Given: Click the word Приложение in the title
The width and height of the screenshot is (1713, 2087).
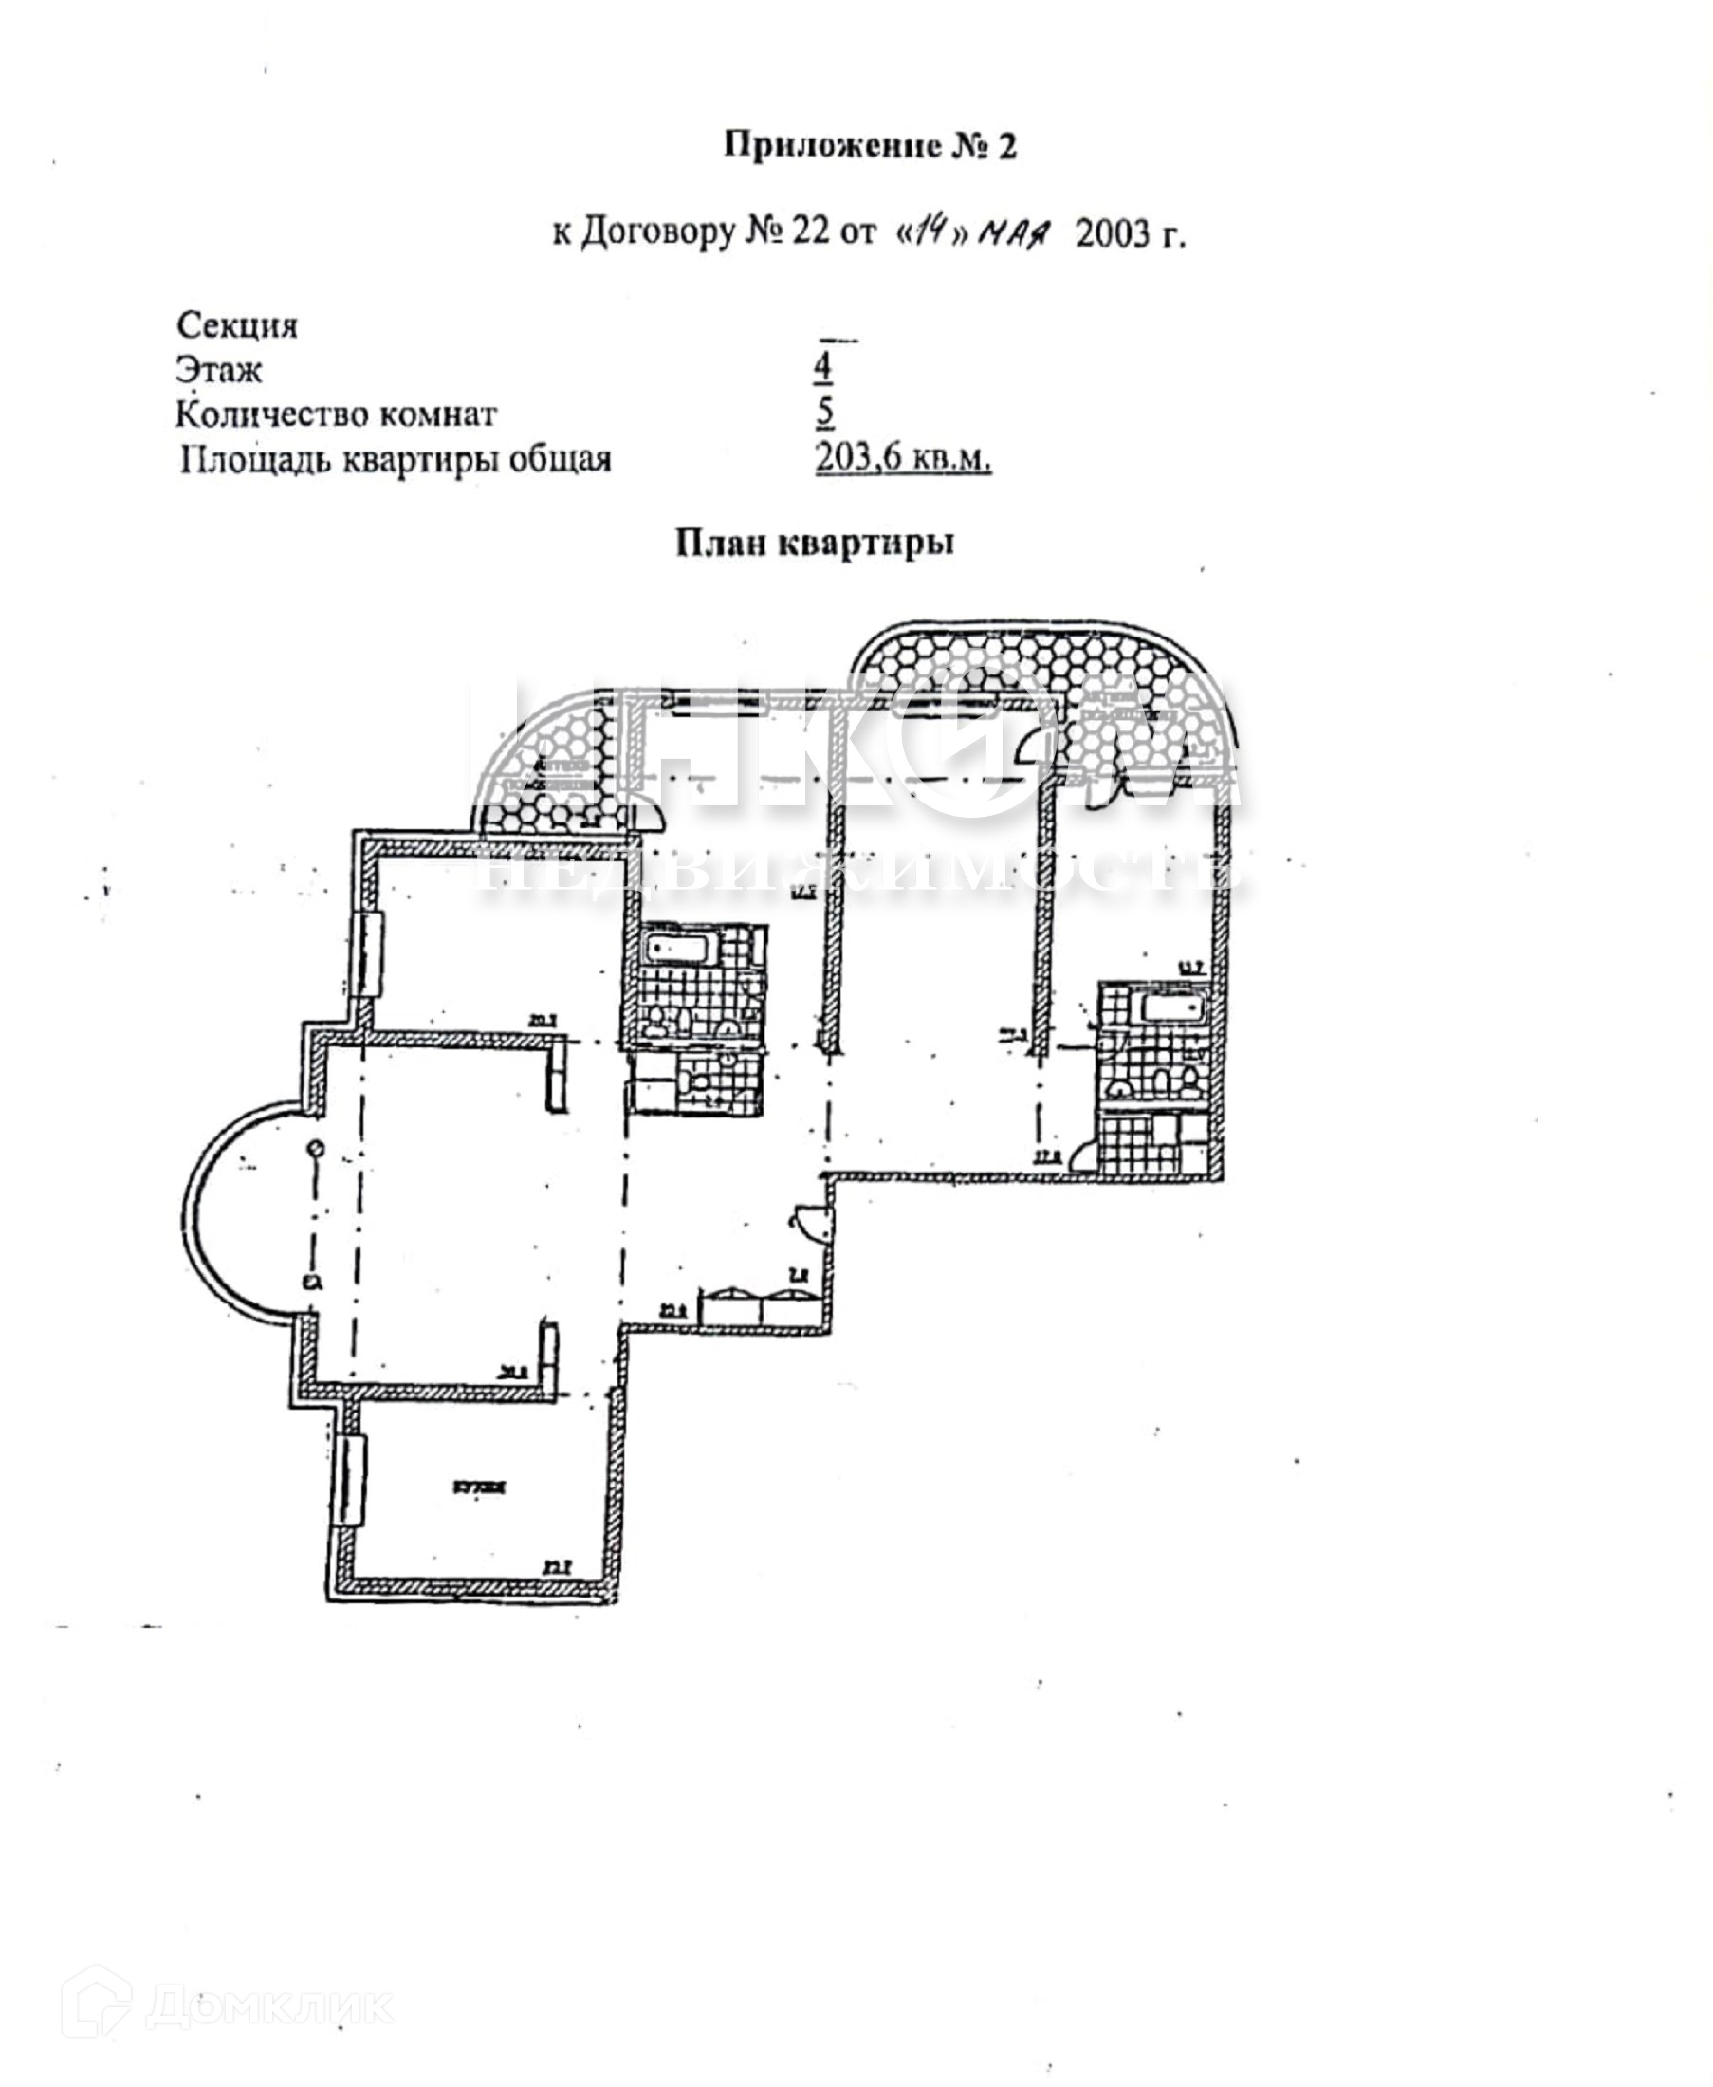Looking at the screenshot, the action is pyautogui.click(x=832, y=146).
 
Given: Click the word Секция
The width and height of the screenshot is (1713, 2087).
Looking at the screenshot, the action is pyautogui.click(x=237, y=324).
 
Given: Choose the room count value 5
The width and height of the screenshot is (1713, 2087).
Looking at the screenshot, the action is pyautogui.click(x=825, y=412).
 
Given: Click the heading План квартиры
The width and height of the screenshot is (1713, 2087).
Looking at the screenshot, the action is pyautogui.click(x=815, y=543).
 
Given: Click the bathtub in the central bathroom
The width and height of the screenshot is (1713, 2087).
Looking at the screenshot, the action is pyautogui.click(x=679, y=951).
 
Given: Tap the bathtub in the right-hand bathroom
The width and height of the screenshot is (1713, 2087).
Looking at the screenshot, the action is pyautogui.click(x=1172, y=1008).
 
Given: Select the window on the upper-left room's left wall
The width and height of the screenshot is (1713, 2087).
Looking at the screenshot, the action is pyautogui.click(x=370, y=955).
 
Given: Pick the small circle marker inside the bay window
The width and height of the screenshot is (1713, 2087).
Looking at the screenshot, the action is pyautogui.click(x=315, y=1148).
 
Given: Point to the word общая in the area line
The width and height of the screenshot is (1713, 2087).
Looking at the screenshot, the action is pyautogui.click(x=559, y=459).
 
